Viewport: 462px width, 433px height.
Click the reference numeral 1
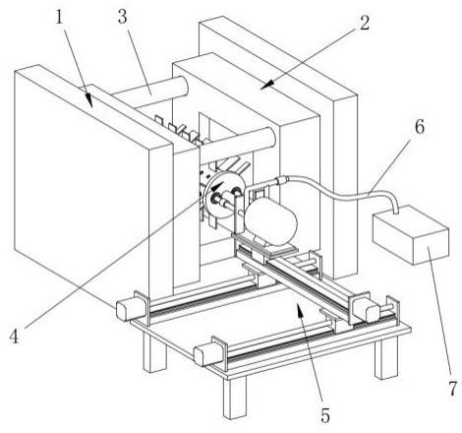[59, 17]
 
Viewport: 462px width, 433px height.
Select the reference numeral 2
[365, 23]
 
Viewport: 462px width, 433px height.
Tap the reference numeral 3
[122, 17]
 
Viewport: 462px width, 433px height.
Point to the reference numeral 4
[14, 337]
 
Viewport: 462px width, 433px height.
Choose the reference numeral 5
[325, 415]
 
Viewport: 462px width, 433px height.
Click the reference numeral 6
[420, 127]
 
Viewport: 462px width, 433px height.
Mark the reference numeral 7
[452, 389]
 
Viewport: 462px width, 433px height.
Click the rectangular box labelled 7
[411, 234]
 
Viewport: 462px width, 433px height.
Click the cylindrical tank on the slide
[270, 221]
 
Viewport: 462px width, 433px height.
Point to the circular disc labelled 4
[223, 195]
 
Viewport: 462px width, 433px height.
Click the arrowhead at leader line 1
[88, 100]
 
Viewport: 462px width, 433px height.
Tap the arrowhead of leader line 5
[299, 309]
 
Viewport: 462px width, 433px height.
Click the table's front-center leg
[235, 398]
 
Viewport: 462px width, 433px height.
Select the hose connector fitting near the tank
[280, 180]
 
